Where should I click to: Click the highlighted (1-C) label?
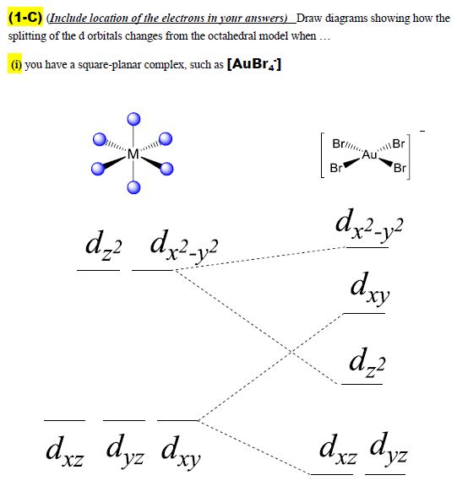pyautogui.click(x=25, y=18)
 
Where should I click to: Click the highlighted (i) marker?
pyautogui.click(x=15, y=64)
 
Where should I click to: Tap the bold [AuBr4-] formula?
pyautogui.click(x=254, y=64)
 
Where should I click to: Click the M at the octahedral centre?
pyautogui.click(x=133, y=154)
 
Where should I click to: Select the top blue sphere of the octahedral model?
pyautogui.click(x=133, y=119)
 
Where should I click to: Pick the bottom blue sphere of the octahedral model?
pyautogui.click(x=133, y=187)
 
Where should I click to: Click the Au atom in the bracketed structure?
pyautogui.click(x=369, y=154)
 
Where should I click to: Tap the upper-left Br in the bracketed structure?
pyautogui.click(x=338, y=143)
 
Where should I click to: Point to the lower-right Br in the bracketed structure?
pyautogui.click(x=400, y=168)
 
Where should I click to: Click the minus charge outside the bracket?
pyautogui.click(x=422, y=132)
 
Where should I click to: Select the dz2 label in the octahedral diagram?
pyautogui.click(x=103, y=246)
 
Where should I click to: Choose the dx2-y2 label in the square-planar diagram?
pyautogui.click(x=369, y=225)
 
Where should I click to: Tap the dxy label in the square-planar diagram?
pyautogui.click(x=370, y=289)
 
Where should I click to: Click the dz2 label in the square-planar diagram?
pyautogui.click(x=367, y=363)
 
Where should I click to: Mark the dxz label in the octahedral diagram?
pyautogui.click(x=65, y=451)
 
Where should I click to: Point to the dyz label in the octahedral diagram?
pyautogui.click(x=125, y=451)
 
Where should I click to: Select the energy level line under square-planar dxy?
pyautogui.click(x=364, y=314)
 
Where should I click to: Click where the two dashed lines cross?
pyautogui.click(x=291, y=352)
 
